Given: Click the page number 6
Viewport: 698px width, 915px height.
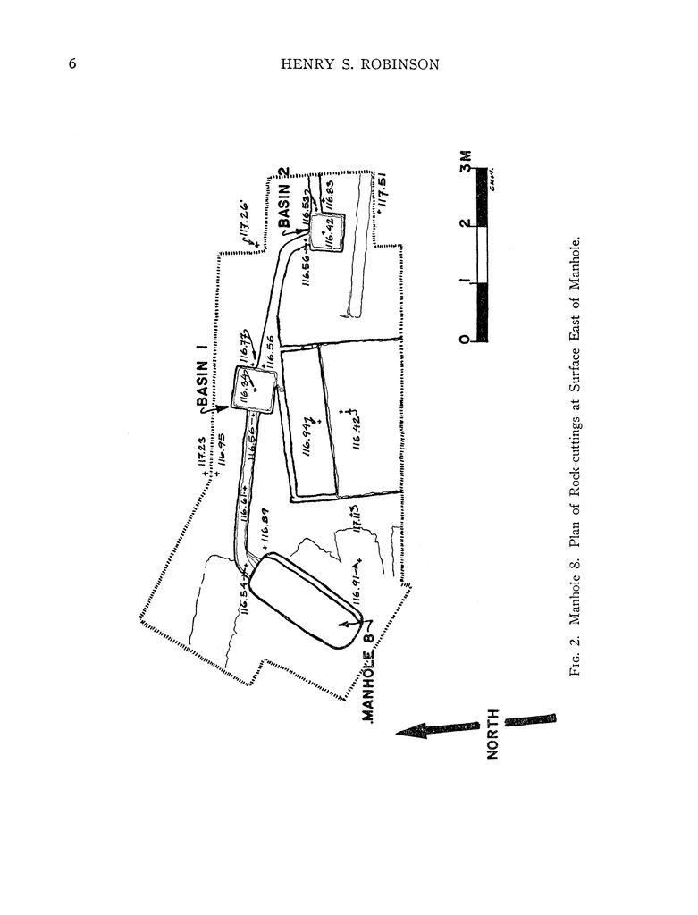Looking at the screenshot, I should [71, 64].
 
